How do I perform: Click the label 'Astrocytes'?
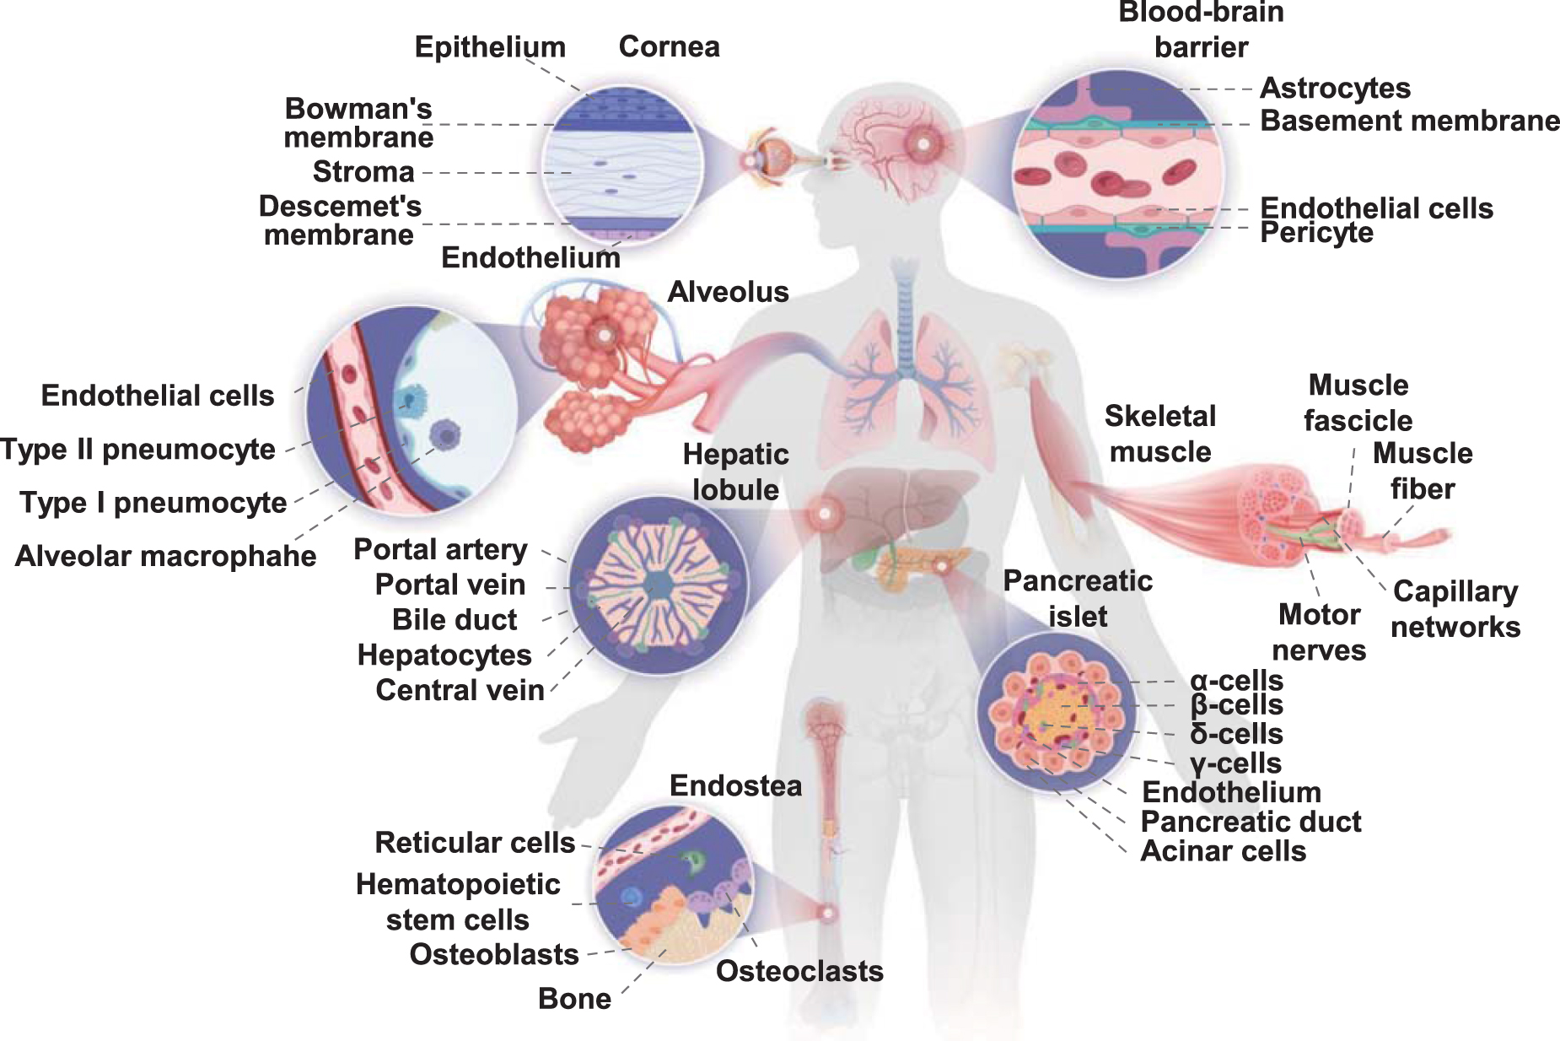(1335, 88)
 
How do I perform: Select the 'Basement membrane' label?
(1409, 121)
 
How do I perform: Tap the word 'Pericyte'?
(1316, 232)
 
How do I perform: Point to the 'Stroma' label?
(363, 171)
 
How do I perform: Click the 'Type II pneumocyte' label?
(138, 449)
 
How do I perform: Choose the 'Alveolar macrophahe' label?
(165, 556)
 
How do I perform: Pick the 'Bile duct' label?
(455, 619)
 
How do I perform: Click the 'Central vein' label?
(460, 690)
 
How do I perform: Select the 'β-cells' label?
(1236, 704)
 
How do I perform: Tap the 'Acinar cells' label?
(1223, 851)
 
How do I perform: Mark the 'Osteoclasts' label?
(799, 971)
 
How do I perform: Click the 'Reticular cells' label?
(475, 842)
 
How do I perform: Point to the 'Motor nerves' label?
(1319, 632)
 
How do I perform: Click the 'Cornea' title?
(669, 46)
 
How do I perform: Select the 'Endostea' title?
(735, 785)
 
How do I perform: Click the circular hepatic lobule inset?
(658, 584)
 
